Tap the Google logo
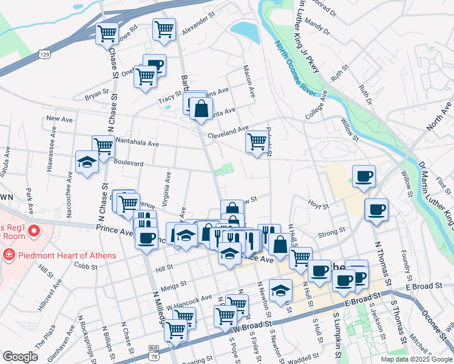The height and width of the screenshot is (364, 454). tap(20, 357)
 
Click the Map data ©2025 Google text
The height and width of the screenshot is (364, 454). tap(416, 359)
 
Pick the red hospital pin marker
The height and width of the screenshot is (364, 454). tap(34, 231)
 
